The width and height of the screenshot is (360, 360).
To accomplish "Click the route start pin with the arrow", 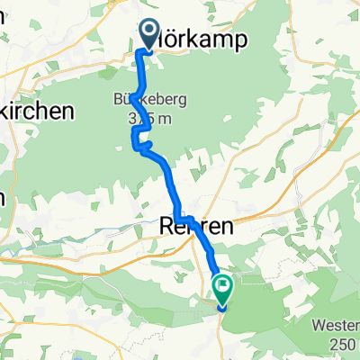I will [x=148, y=35].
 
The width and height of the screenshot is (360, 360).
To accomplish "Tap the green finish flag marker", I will [x=221, y=289].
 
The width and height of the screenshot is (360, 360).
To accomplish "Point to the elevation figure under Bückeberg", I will [x=143, y=120].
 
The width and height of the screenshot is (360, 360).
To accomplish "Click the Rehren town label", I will [x=190, y=229].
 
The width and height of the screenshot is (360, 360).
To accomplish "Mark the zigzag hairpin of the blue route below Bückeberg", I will [x=139, y=139].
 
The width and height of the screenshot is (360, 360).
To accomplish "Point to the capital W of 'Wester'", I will [x=312, y=324].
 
